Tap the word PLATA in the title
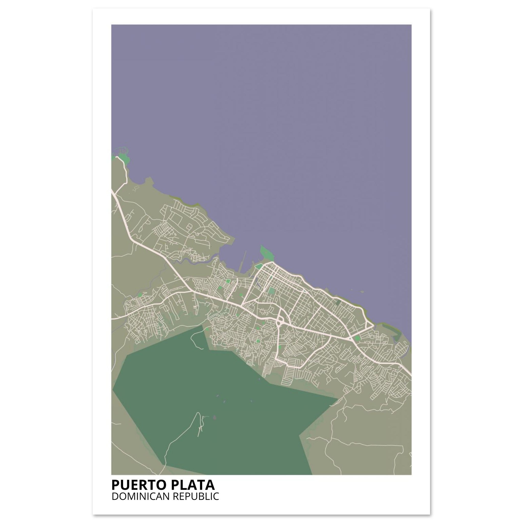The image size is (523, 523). click(x=193, y=485)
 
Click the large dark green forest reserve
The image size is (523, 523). click(x=217, y=406)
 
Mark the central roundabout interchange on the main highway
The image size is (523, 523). click(x=280, y=322)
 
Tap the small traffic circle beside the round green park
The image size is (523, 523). click(x=351, y=338)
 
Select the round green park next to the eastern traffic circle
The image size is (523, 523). click(x=358, y=338)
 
